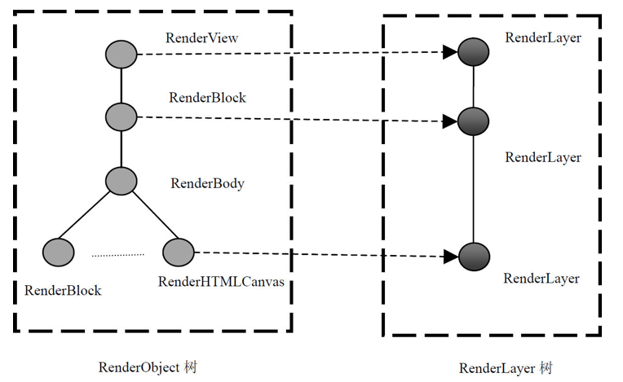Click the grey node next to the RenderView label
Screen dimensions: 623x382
click(x=122, y=54)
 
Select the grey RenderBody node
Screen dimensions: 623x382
click(x=122, y=181)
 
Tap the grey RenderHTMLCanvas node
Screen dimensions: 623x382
click(x=179, y=252)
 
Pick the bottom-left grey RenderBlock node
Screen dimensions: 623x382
click(x=59, y=252)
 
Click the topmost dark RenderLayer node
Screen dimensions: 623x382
click(x=473, y=52)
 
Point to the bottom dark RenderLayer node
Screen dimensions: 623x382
click(x=474, y=257)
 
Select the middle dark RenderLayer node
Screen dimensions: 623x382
click(x=473, y=121)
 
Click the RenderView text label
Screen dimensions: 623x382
click(x=202, y=38)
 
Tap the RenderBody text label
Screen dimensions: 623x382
click(x=207, y=183)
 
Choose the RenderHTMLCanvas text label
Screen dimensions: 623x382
click(x=221, y=282)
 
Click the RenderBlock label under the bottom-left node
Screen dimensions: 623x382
click(x=63, y=291)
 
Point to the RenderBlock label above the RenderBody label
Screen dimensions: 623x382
click(x=207, y=98)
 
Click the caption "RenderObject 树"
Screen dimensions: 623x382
click(x=148, y=367)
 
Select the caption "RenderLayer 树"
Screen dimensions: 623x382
click(x=506, y=368)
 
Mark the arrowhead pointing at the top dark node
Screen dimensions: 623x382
click(x=450, y=52)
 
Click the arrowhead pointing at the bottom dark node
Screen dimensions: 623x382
click(x=451, y=257)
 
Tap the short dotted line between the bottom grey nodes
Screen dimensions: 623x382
click(x=118, y=256)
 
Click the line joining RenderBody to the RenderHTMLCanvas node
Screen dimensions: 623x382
click(x=156, y=215)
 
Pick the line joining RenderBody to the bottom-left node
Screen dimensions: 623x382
click(x=84, y=215)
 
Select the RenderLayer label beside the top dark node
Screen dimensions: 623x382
click(x=543, y=38)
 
